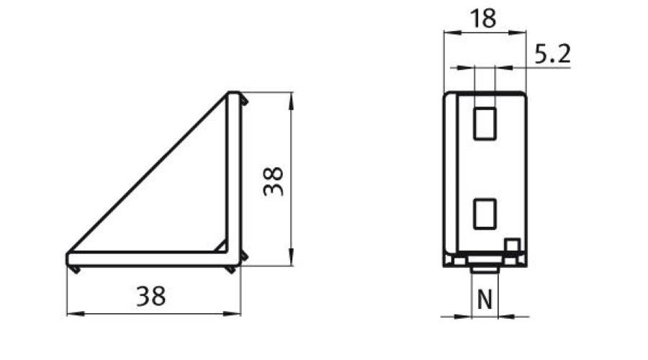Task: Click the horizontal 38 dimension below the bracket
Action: pos(150,296)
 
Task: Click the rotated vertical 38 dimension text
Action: pos(274,181)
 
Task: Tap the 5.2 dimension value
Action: pos(552,54)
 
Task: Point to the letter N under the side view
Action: pos(485,300)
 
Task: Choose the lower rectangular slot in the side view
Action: pos(485,214)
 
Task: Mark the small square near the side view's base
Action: pos(512,246)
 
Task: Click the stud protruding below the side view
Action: pos(485,269)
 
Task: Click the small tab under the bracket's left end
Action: pos(75,269)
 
